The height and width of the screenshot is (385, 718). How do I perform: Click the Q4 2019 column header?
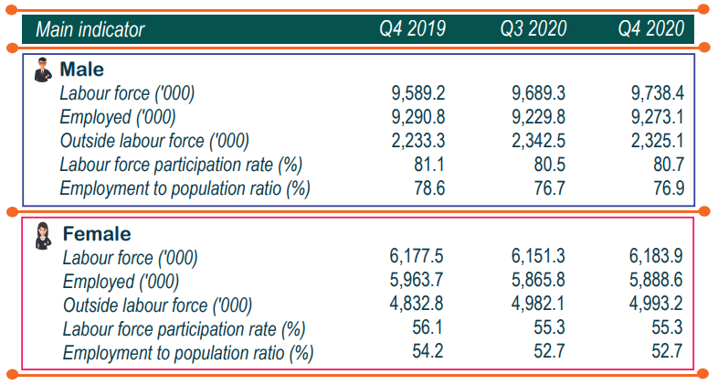pos(413,29)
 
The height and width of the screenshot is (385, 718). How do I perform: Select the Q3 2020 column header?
pos(533,29)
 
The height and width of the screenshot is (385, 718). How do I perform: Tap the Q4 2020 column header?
pos(651,29)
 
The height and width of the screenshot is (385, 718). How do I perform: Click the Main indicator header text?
pos(90,29)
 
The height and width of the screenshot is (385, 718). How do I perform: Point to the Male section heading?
pos(81,70)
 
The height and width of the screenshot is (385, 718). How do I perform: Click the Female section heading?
pos(96,234)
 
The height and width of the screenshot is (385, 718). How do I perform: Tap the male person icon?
pos(42,70)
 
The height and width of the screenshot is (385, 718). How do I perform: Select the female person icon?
pos(43,235)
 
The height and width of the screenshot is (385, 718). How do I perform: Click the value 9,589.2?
pos(417,93)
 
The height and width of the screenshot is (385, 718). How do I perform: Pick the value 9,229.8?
pos(538,117)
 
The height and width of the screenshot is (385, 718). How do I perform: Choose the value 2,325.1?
pos(658,141)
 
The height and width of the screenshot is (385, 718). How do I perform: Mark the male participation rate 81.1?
pos(428,165)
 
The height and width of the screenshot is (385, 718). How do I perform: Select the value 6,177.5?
pos(417,258)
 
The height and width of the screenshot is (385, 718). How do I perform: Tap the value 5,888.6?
pos(658,282)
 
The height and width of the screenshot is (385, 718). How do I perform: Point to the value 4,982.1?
pos(538,305)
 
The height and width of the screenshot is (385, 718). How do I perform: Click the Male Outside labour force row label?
pos(153,141)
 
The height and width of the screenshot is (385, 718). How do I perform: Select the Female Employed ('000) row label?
pos(121,282)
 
